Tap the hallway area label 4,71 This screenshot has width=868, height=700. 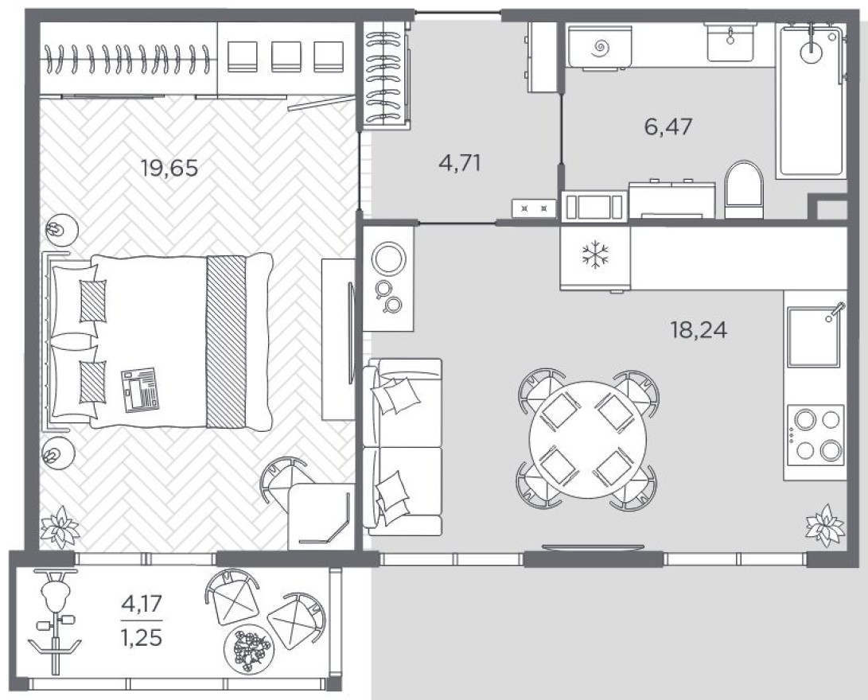(x=460, y=163)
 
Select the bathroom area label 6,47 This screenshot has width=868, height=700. (x=668, y=126)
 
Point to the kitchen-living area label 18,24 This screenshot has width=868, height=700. (x=699, y=329)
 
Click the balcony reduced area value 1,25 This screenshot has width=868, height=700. (x=142, y=637)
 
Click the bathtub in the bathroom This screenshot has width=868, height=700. (x=810, y=99)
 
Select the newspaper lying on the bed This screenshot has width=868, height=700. (x=141, y=390)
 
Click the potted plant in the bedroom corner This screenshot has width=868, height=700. (x=60, y=527)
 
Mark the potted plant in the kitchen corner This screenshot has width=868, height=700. (x=824, y=527)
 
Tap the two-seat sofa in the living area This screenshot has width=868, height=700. (x=403, y=446)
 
